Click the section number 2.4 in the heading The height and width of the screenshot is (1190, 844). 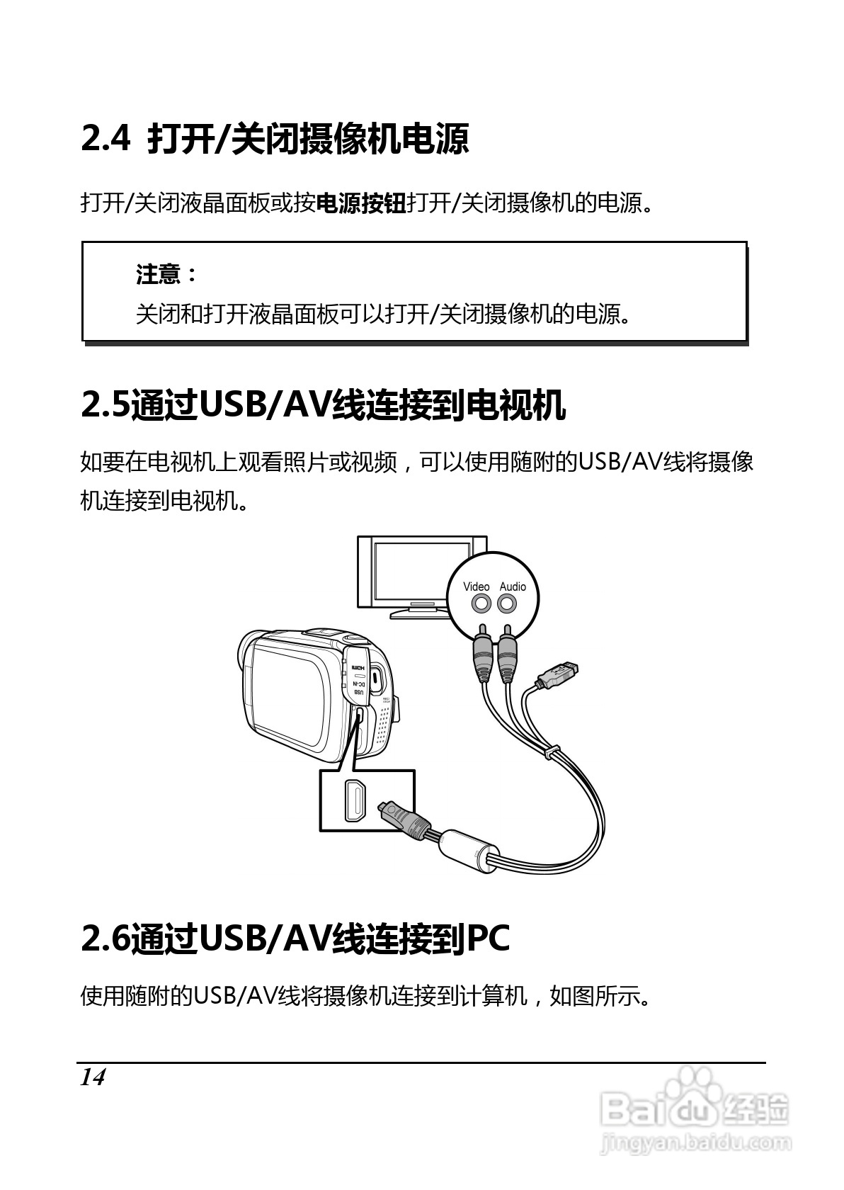105,138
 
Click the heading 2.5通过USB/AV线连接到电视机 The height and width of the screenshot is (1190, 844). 324,406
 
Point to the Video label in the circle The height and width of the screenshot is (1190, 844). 476,586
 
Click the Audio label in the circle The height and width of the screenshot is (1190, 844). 513,586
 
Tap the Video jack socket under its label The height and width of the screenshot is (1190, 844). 481,604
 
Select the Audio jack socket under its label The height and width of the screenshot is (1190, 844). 507,604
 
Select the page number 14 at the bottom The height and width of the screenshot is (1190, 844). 92,1077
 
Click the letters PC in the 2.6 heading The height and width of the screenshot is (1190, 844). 489,939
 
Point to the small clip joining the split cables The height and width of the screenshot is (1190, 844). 551,751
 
